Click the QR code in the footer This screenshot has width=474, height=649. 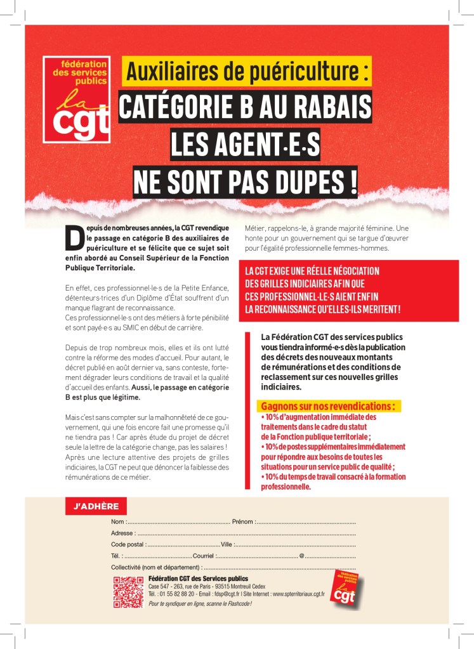click(128, 593)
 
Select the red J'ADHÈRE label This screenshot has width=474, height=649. click(96, 506)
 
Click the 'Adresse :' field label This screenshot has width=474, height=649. click(122, 533)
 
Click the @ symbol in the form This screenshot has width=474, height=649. click(301, 556)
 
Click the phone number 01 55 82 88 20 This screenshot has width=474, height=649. click(176, 594)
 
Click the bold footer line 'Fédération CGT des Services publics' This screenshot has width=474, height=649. click(197, 579)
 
